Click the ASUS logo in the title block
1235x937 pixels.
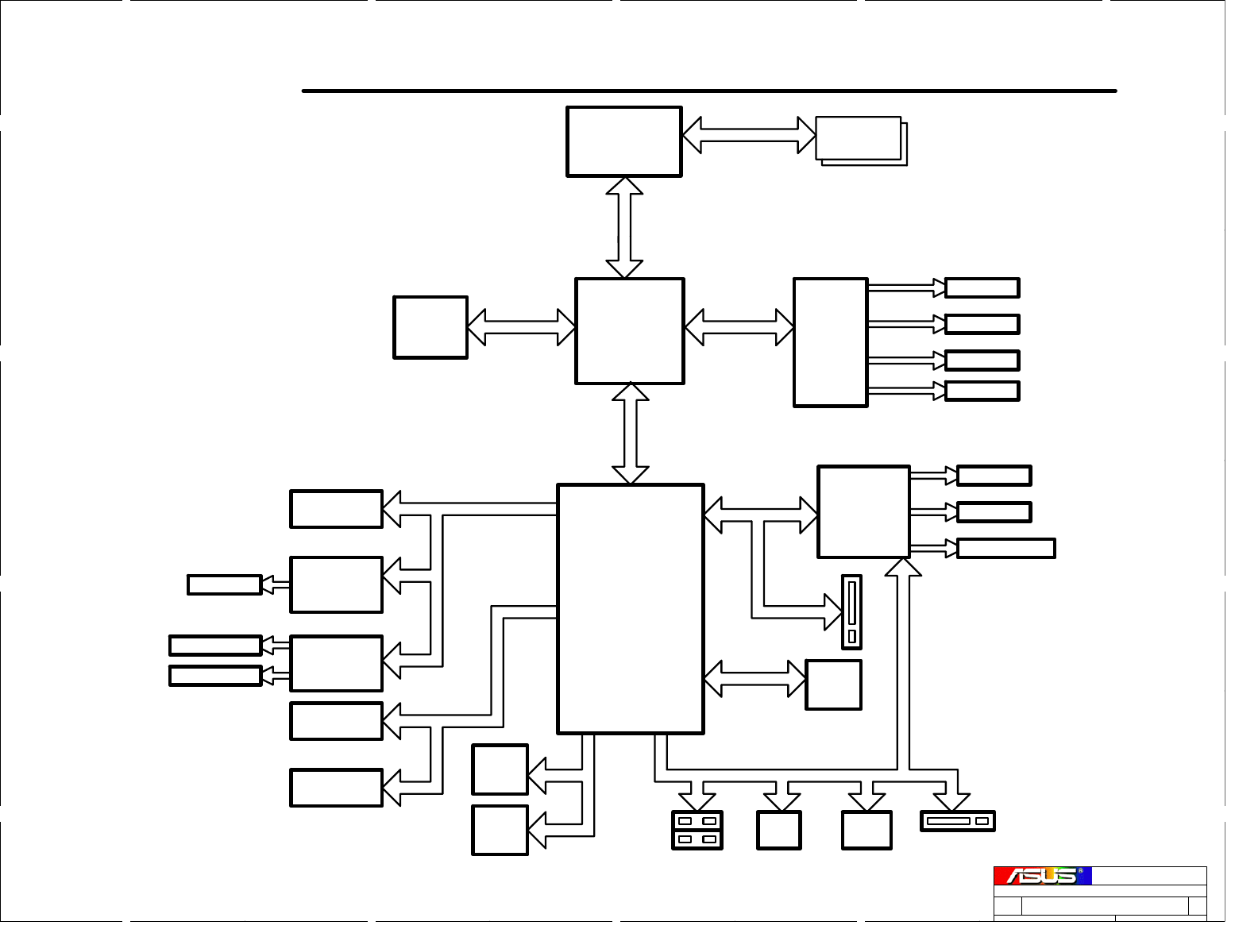[x=1041, y=876]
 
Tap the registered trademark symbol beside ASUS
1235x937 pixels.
[x=1080, y=871]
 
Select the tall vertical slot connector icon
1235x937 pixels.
[x=851, y=612]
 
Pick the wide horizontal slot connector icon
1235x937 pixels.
[x=957, y=821]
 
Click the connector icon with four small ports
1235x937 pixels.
[x=697, y=830]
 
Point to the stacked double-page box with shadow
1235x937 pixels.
[x=860, y=140]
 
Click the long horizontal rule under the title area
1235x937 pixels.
[x=709, y=91]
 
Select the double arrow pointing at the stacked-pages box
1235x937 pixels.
[x=749, y=135]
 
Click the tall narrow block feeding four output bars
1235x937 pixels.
[x=830, y=342]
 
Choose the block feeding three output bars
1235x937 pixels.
[x=863, y=512]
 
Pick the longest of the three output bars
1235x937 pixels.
[x=1005, y=548]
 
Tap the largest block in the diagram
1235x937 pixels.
[x=631, y=609]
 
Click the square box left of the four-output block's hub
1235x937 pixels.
[x=430, y=327]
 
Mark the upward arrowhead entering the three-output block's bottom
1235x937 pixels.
[x=903, y=567]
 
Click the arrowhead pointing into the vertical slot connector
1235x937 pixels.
[x=834, y=611]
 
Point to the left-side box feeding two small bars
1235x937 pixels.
[x=336, y=663]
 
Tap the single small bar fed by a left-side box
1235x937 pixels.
[x=224, y=584]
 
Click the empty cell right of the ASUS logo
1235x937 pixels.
[x=1148, y=876]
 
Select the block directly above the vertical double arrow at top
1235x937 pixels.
[x=623, y=141]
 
